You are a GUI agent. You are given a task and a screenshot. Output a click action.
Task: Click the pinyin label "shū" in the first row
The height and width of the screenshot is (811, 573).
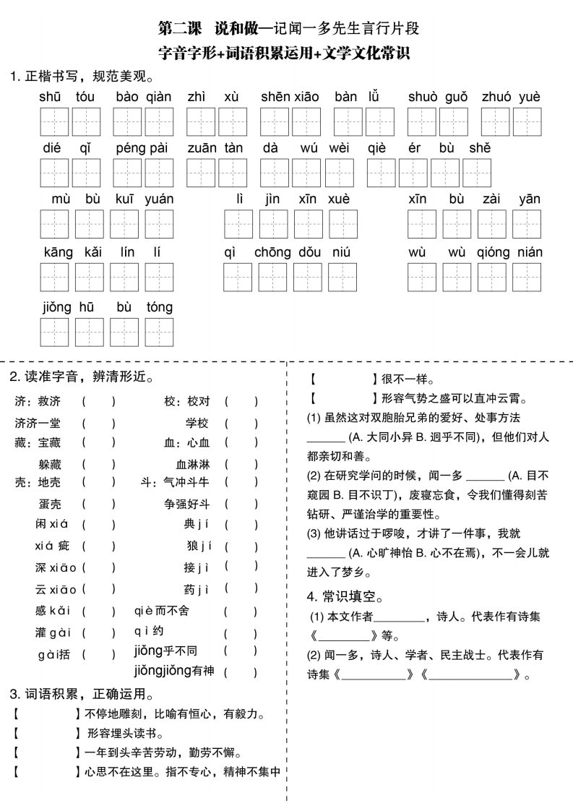51,97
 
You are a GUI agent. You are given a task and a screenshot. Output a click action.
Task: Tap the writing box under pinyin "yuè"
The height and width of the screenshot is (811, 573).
527,121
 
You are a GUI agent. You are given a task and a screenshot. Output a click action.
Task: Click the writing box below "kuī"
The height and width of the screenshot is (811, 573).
124,224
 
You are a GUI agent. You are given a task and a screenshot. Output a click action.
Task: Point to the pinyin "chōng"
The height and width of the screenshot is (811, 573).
272,252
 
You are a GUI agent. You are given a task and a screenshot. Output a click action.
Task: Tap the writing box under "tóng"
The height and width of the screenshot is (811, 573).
159,331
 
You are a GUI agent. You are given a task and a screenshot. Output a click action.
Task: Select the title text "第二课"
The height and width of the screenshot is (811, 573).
181,30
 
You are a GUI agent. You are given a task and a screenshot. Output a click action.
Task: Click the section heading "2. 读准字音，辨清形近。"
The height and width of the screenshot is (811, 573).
81,377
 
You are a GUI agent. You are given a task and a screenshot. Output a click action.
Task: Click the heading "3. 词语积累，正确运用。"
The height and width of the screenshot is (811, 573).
81,695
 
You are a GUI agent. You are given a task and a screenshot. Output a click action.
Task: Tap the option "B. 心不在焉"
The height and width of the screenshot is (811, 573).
452,553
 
